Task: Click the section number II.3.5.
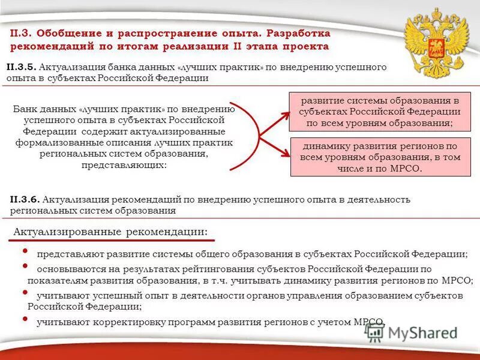[22, 67]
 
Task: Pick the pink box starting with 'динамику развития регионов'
[380, 157]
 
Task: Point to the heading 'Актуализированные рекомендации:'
[111, 232]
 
